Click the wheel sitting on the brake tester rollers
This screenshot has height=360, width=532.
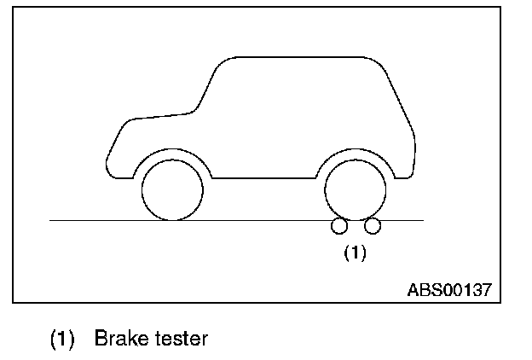click(356, 188)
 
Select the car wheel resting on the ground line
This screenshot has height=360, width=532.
click(173, 189)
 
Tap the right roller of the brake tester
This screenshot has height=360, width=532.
click(372, 226)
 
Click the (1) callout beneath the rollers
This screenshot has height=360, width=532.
click(355, 253)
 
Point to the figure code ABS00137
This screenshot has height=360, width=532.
click(448, 289)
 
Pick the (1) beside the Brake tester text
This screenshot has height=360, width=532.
click(61, 339)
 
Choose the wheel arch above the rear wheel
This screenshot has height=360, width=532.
click(356, 151)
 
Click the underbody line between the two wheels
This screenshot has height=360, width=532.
click(264, 179)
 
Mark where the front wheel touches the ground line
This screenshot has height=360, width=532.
click(173, 220)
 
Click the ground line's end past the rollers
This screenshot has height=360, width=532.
click(421, 220)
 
